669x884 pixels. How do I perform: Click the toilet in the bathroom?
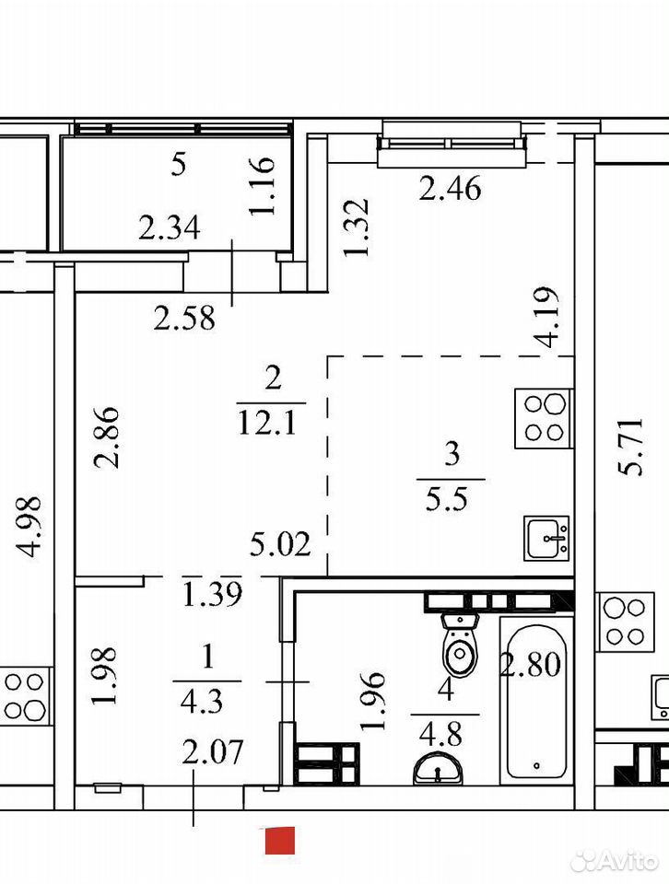click(x=461, y=645)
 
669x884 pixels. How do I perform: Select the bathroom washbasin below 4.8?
click(x=438, y=770)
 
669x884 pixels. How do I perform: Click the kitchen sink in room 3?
click(x=546, y=538)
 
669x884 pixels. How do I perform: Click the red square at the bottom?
click(x=280, y=841)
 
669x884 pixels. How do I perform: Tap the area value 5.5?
click(x=446, y=498)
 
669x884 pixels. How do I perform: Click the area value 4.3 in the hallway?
click(x=202, y=703)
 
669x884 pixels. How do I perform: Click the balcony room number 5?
click(x=178, y=165)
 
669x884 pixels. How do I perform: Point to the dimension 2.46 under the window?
click(x=450, y=188)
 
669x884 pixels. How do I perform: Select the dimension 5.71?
click(x=629, y=447)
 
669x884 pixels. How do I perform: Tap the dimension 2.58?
click(x=184, y=319)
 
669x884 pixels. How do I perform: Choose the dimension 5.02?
click(x=280, y=545)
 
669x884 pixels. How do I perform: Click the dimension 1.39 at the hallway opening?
click(x=213, y=594)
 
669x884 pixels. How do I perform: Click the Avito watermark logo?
click(x=615, y=860)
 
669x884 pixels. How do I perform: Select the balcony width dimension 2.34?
click(x=170, y=228)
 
